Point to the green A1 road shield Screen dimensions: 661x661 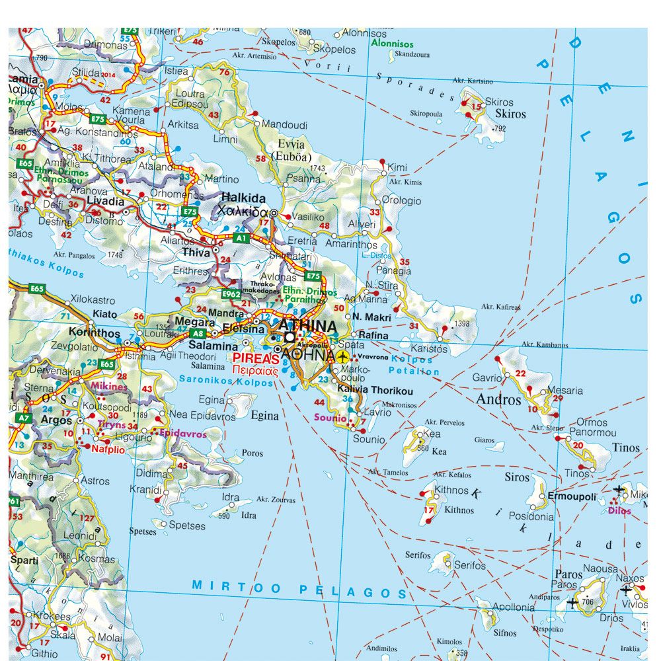[x=241, y=237]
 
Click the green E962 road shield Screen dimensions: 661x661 [x=231, y=294]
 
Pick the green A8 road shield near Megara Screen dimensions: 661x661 [x=198, y=334]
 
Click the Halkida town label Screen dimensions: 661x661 [x=243, y=198]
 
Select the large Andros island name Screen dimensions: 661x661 [x=498, y=400]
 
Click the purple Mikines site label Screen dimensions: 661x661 [x=110, y=386]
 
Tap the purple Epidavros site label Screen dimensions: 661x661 [x=183, y=434]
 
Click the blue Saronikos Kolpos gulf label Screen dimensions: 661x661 [x=226, y=381]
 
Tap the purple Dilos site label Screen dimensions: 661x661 [x=619, y=511]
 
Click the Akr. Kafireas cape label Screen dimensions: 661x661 [x=500, y=307]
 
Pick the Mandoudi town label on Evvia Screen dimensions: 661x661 [x=284, y=124]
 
